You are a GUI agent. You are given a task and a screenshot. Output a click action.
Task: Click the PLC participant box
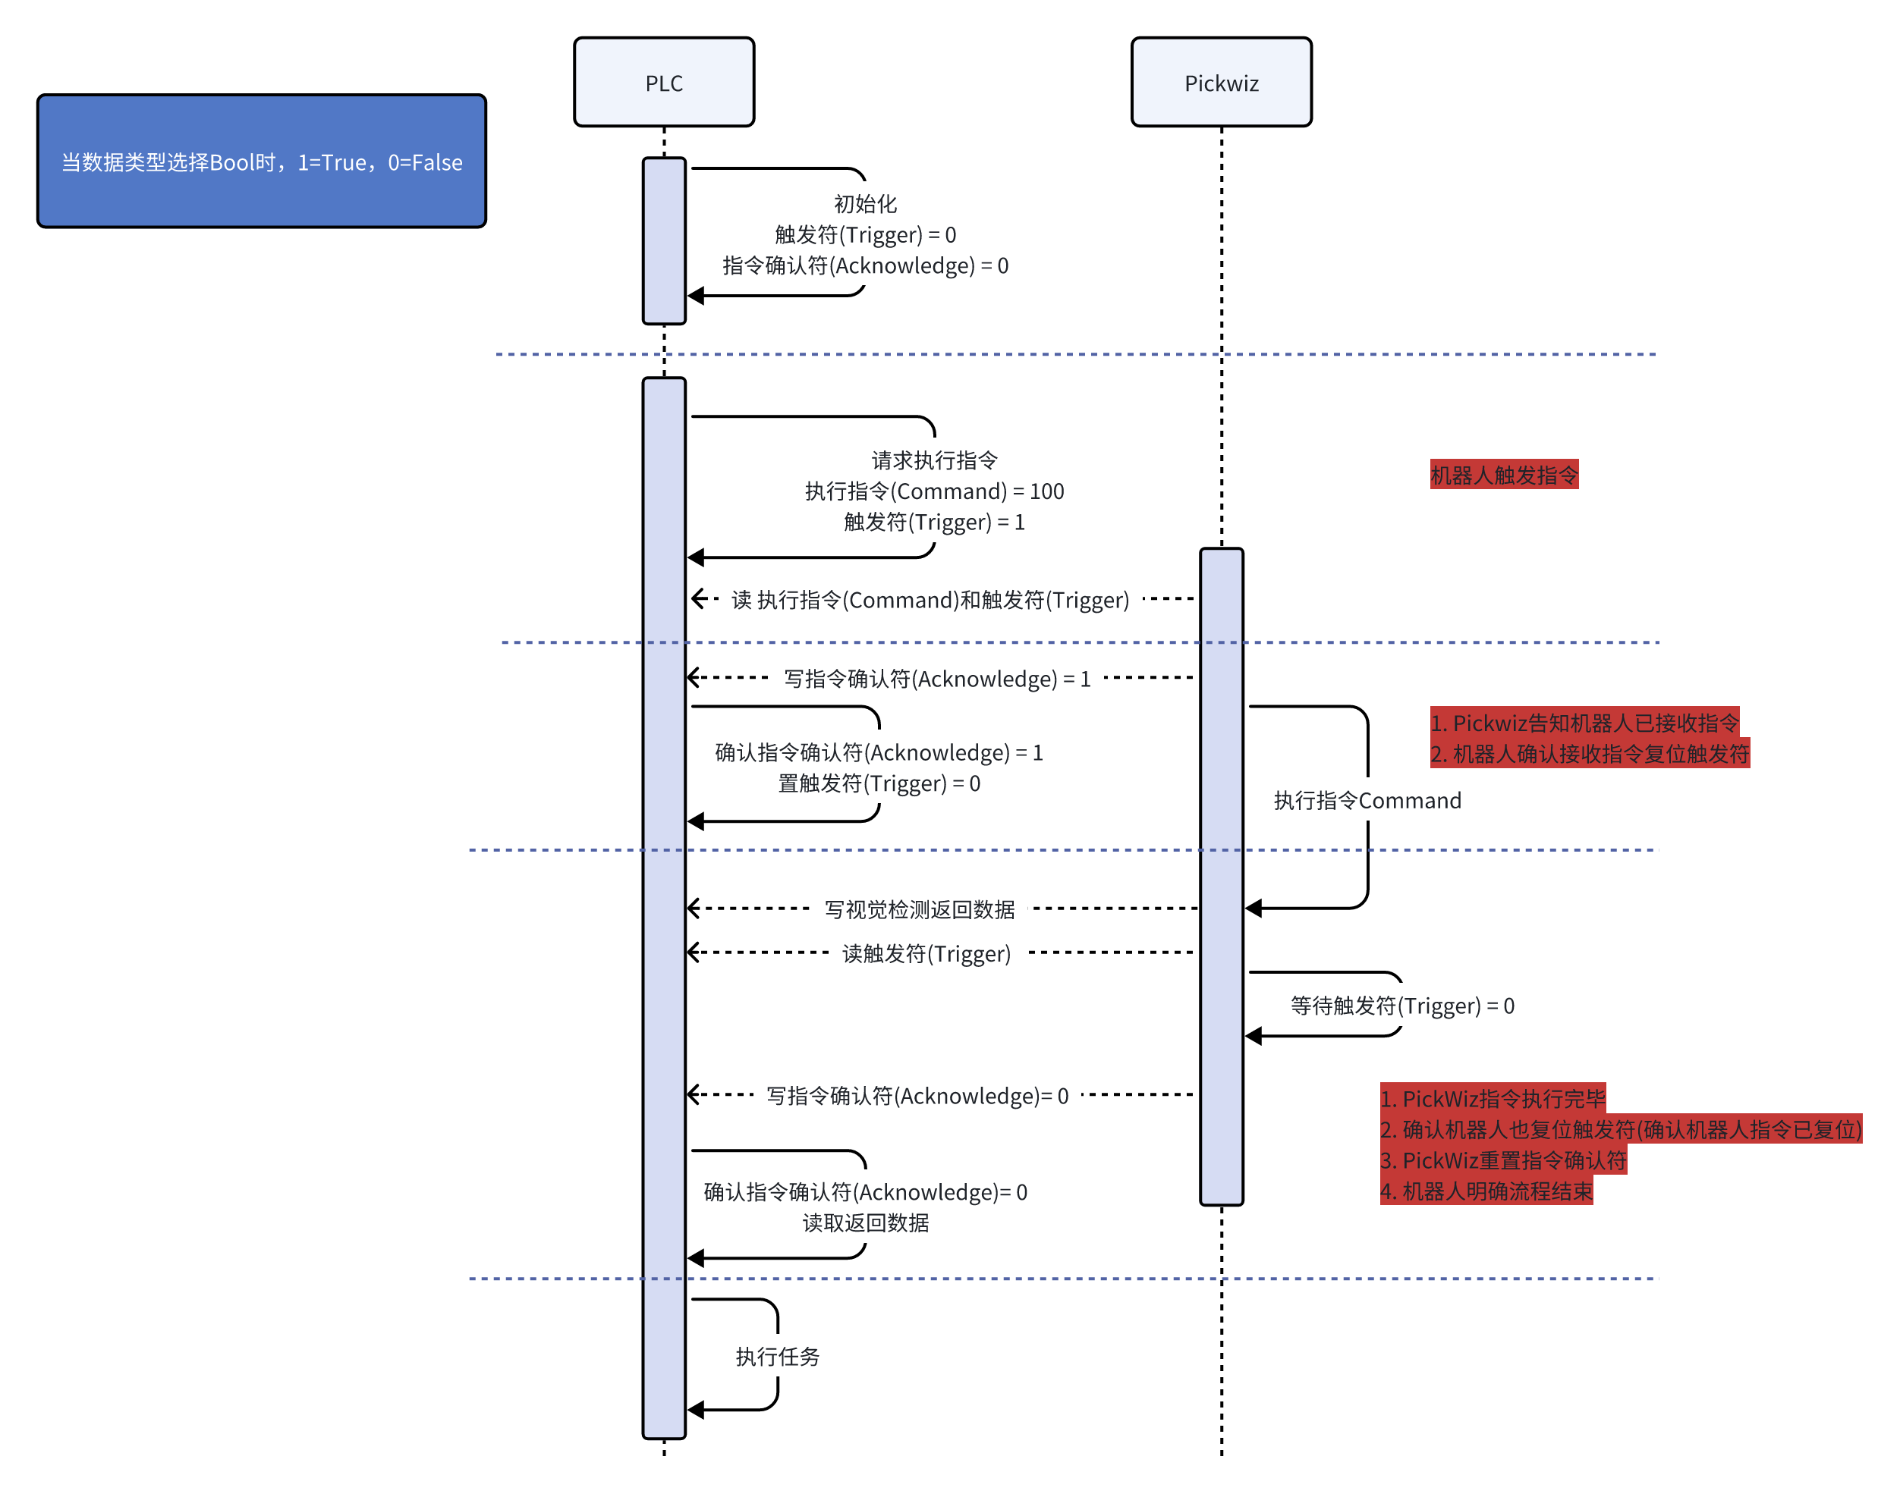[664, 83]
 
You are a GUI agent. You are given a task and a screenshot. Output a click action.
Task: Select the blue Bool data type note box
[261, 162]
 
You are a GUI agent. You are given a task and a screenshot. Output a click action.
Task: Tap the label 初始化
[864, 204]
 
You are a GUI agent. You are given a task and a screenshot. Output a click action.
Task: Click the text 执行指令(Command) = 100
[934, 491]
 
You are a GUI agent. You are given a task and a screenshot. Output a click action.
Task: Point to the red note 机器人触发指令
[1503, 475]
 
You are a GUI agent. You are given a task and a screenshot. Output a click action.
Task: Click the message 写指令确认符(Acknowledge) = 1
[936, 679]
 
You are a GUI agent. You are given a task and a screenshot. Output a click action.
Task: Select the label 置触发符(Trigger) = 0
[879, 783]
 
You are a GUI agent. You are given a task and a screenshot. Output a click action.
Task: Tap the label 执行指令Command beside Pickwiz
[1366, 800]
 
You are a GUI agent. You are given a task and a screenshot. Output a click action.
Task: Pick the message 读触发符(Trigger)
[926, 953]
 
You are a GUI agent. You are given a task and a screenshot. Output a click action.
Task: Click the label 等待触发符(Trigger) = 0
[1401, 1006]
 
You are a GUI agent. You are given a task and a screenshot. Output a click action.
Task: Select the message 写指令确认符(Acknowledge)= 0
[917, 1096]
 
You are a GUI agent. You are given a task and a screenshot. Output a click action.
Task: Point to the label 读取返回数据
[865, 1222]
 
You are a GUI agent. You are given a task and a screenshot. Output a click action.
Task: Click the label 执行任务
[777, 1357]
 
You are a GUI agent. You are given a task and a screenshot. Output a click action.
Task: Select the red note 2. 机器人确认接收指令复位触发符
[1589, 754]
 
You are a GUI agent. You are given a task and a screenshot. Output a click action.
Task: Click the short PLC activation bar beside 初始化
[664, 241]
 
